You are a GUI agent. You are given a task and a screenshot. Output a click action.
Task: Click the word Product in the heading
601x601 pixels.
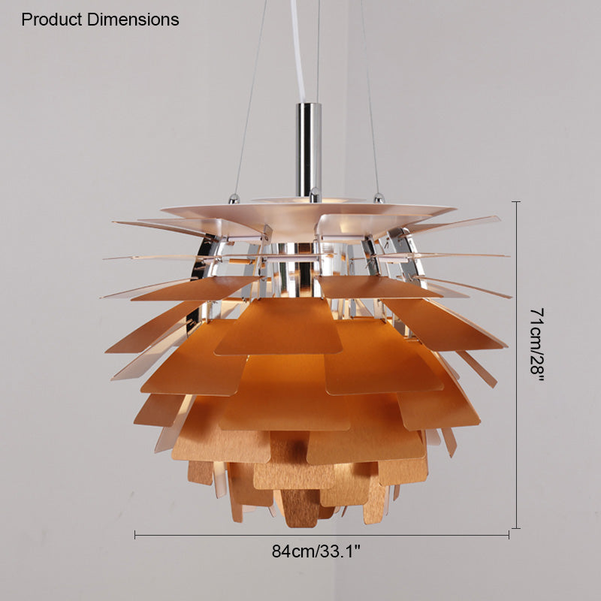pyautogui.click(x=51, y=20)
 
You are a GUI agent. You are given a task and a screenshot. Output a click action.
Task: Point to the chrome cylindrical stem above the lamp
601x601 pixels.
pyautogui.click(x=308, y=146)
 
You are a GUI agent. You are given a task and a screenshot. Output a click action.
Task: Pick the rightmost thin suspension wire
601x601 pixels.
pyautogui.click(x=368, y=98)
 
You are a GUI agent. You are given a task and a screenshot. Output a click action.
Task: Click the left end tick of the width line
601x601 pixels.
pyautogui.click(x=135, y=535)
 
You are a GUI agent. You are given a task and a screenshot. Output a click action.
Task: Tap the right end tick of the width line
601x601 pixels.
pyautogui.click(x=509, y=535)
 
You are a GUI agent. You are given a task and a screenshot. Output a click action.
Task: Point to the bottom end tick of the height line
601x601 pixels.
pyautogui.click(x=516, y=528)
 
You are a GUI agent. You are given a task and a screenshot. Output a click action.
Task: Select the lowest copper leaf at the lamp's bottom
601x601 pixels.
pyautogui.click(x=300, y=511)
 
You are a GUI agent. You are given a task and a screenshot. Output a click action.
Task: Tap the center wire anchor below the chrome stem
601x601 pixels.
pyautogui.click(x=314, y=197)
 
